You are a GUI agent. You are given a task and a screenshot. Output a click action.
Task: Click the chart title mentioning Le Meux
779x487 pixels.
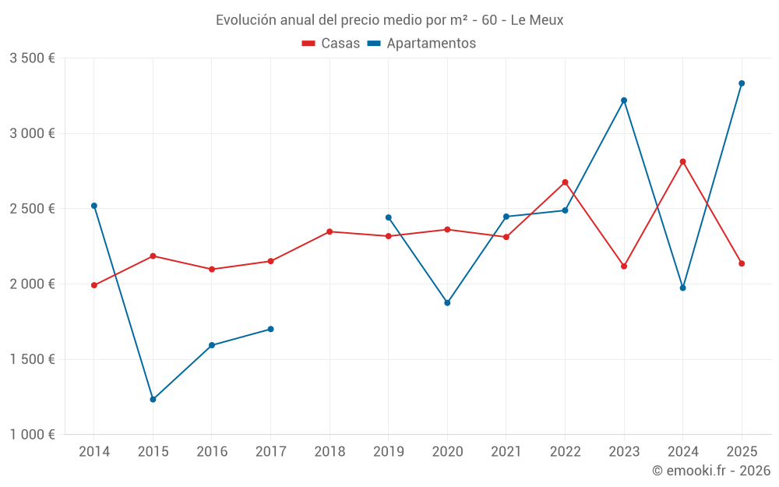389,20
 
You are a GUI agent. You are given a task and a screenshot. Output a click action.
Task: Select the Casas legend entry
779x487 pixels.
331,44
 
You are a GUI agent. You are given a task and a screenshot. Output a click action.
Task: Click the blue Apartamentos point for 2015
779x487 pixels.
153,400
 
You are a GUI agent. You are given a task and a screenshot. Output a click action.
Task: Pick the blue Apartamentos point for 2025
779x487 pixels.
742,83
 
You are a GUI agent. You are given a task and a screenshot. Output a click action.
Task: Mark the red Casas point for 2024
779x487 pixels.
683,161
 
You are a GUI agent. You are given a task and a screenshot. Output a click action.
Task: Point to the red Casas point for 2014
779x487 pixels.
94,285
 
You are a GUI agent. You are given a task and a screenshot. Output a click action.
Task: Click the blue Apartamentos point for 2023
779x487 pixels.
624,101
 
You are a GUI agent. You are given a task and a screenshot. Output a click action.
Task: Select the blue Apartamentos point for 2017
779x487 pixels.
270,329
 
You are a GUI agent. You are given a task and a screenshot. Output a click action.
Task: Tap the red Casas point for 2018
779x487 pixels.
330,231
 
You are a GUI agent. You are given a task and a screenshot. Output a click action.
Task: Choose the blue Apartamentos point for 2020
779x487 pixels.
447,302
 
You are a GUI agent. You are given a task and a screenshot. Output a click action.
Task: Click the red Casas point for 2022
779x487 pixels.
566,182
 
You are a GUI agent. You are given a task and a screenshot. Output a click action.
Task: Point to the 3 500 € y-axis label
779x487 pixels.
32,58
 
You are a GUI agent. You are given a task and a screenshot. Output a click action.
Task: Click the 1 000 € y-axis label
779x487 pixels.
32,435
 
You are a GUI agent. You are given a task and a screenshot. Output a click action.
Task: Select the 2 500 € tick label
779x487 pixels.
32,209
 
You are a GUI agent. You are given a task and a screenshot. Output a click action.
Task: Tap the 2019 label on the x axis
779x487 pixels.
388,451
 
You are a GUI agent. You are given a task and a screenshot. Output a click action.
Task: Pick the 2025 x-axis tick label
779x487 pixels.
742,451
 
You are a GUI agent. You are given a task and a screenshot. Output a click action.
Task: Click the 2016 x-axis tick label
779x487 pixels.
212,451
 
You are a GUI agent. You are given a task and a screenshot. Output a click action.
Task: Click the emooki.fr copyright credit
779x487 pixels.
710,471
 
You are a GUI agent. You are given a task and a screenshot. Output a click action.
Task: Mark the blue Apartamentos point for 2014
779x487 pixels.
94,206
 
